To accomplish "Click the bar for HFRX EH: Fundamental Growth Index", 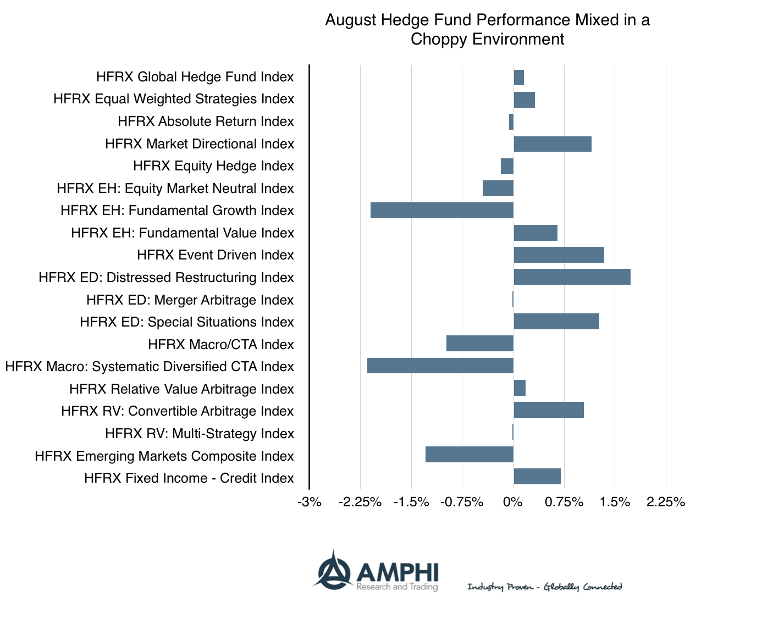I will [441, 211].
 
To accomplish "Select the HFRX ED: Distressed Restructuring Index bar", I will [572, 277].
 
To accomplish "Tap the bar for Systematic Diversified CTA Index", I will [440, 366].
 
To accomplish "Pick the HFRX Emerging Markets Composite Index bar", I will [469, 455].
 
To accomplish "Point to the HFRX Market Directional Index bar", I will [552, 144].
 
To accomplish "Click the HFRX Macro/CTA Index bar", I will [479, 344].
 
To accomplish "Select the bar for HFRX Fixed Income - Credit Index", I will [537, 477].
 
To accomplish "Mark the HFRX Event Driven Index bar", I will [559, 255].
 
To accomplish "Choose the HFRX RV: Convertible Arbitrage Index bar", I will [548, 410].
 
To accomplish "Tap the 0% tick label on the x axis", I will [512, 502].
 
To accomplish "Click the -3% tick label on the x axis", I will [310, 502].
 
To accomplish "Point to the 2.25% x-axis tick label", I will [665, 502].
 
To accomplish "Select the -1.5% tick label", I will [411, 502].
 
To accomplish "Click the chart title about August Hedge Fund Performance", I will [487, 30].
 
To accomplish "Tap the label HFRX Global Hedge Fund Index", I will [195, 77].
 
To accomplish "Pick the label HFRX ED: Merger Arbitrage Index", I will [190, 300].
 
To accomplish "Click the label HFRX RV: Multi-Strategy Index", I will [199, 434].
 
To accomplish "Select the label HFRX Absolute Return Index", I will [206, 121].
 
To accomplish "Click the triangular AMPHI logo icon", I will [333, 570].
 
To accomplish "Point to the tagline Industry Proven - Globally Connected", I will [544, 587].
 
